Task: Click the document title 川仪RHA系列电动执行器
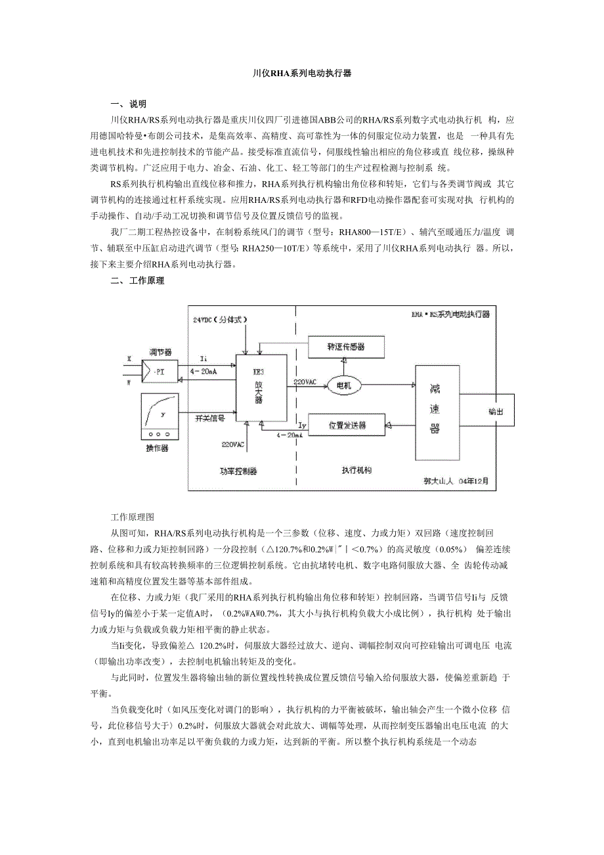click(302, 74)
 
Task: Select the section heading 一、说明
click(129, 104)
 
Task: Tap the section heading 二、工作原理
click(138, 281)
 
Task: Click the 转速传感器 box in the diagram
click(345, 345)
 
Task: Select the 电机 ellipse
click(344, 385)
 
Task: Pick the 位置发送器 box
click(346, 426)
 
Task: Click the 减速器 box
click(435, 408)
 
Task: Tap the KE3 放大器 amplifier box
click(261, 387)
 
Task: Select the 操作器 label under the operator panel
click(157, 449)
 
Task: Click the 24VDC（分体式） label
click(221, 320)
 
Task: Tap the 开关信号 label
click(210, 418)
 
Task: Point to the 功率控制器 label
click(238, 471)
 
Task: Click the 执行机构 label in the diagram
click(356, 471)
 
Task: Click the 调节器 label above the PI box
click(160, 352)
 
